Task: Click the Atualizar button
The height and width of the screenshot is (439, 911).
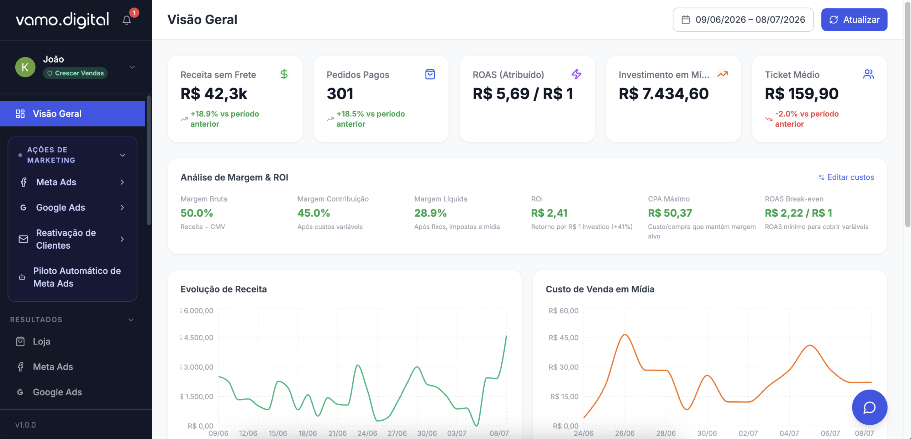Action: [854, 20]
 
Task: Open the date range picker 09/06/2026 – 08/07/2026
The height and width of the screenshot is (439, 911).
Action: [743, 20]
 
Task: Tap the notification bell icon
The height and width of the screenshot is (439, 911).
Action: [127, 20]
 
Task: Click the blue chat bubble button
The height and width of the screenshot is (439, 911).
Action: [869, 407]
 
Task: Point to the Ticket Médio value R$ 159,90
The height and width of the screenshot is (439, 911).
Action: [802, 94]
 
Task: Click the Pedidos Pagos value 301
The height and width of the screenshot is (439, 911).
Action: [340, 94]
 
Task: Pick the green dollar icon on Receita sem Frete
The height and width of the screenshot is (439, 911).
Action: [284, 74]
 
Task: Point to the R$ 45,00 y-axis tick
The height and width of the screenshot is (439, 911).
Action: [564, 338]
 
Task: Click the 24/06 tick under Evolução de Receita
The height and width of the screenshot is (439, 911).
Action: [367, 433]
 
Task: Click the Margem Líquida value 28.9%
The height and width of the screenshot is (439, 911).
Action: [430, 213]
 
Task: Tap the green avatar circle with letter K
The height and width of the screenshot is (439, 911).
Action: [25, 67]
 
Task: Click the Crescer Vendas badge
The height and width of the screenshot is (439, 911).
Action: [75, 73]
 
